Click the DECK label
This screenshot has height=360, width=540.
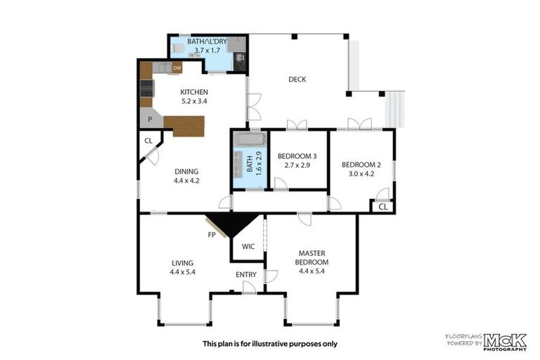click(297, 79)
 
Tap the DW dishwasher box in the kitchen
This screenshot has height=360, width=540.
click(177, 68)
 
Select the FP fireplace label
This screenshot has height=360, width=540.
click(212, 235)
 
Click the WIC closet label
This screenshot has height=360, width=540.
click(248, 246)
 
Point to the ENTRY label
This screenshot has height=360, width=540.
click(246, 274)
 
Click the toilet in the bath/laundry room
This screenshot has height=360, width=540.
click(176, 49)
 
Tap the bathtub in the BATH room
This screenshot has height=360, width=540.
click(250, 139)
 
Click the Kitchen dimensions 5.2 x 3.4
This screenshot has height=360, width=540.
click(194, 101)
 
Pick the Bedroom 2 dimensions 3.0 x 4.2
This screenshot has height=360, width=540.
click(361, 174)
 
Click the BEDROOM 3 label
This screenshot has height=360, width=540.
click(297, 156)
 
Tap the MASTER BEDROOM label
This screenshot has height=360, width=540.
click(311, 257)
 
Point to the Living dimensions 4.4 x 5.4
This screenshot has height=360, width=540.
click(183, 272)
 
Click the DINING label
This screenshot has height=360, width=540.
click(186, 172)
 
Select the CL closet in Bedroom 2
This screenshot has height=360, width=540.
click(383, 207)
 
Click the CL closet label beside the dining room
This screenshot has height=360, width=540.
click(148, 141)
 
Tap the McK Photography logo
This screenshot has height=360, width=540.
click(506, 342)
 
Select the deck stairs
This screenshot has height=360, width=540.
click(394, 109)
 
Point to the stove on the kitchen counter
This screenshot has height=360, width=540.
click(147, 89)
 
